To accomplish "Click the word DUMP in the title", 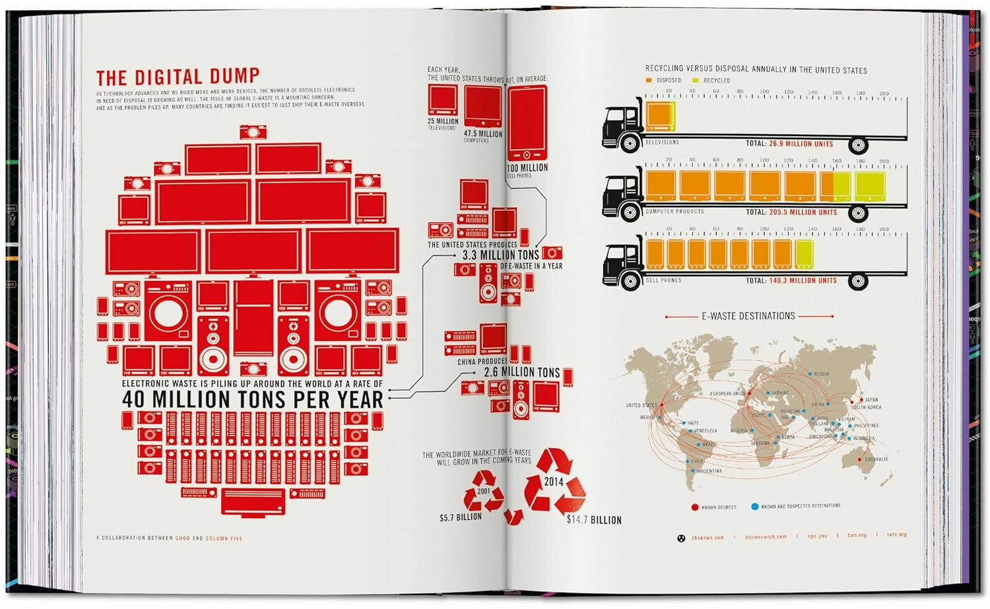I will click(x=232, y=77).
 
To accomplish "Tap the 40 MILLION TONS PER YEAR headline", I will click(x=252, y=399).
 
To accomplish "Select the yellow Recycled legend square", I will click(x=695, y=80).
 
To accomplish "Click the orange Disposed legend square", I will click(x=649, y=80).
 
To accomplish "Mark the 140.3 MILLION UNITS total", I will click(x=803, y=280).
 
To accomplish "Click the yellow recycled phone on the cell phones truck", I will click(x=804, y=255).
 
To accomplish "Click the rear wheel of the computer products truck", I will click(x=858, y=212).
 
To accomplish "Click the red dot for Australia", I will click(x=859, y=459).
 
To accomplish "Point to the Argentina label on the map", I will click(x=709, y=471).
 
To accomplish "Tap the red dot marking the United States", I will click(x=661, y=404).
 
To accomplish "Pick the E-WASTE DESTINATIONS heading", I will click(x=748, y=316).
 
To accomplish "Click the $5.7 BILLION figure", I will click(x=461, y=517).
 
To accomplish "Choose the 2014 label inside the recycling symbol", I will click(x=553, y=482).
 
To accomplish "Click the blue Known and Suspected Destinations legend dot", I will click(x=754, y=507).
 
